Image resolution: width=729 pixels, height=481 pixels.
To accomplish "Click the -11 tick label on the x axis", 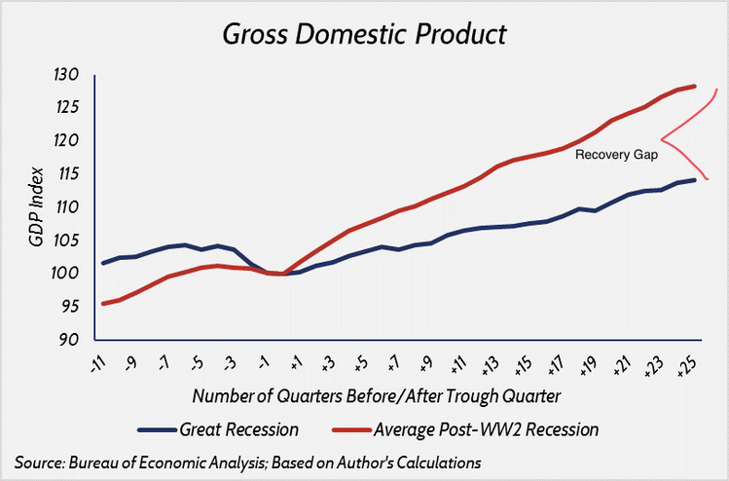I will pyautogui.click(x=97, y=367).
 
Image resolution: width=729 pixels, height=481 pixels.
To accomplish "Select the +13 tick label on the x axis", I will pyautogui.click(x=488, y=367).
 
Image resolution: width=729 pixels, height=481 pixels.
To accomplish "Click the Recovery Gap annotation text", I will pyautogui.click(x=617, y=155).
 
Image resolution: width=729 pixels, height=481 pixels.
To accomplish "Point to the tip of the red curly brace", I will pyautogui.click(x=662, y=137).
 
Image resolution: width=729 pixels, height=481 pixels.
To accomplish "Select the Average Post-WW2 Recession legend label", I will pyautogui.click(x=487, y=428).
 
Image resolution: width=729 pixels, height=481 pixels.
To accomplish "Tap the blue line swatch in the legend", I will pyautogui.click(x=155, y=429).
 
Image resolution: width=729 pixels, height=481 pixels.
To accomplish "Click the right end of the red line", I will pyautogui.click(x=694, y=86).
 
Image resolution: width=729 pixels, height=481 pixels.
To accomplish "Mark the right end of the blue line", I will pyautogui.click(x=694, y=179).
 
